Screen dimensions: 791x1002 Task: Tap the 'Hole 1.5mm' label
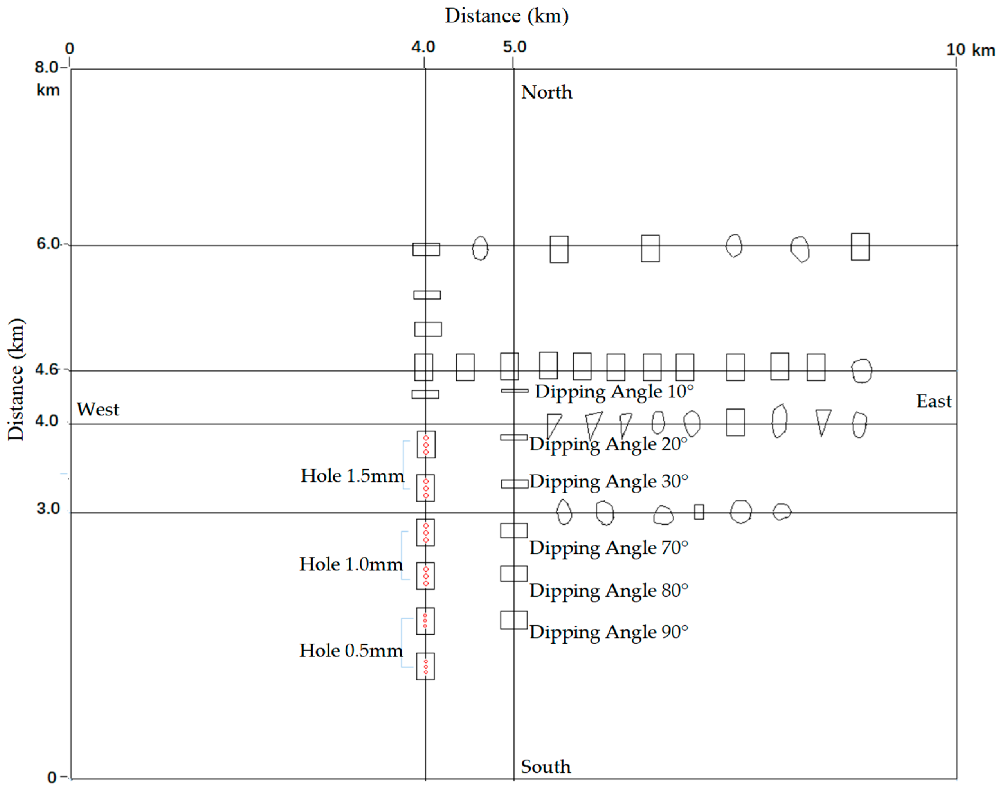[352, 475]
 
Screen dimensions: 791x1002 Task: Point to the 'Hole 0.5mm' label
[351, 651]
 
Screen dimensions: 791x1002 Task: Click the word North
[546, 92]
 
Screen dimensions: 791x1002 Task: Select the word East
[934, 401]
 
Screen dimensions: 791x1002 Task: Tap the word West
[98, 409]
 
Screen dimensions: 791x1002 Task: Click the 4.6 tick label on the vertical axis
[47, 369]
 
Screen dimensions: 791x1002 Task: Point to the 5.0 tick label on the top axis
[515, 47]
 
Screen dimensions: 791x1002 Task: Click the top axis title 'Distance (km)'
[506, 16]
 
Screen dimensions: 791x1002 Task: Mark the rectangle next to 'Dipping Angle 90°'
[513, 620]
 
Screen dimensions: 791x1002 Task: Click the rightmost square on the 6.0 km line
[860, 247]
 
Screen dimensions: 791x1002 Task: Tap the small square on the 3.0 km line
[699, 512]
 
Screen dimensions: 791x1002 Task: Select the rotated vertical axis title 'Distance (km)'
[16, 380]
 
